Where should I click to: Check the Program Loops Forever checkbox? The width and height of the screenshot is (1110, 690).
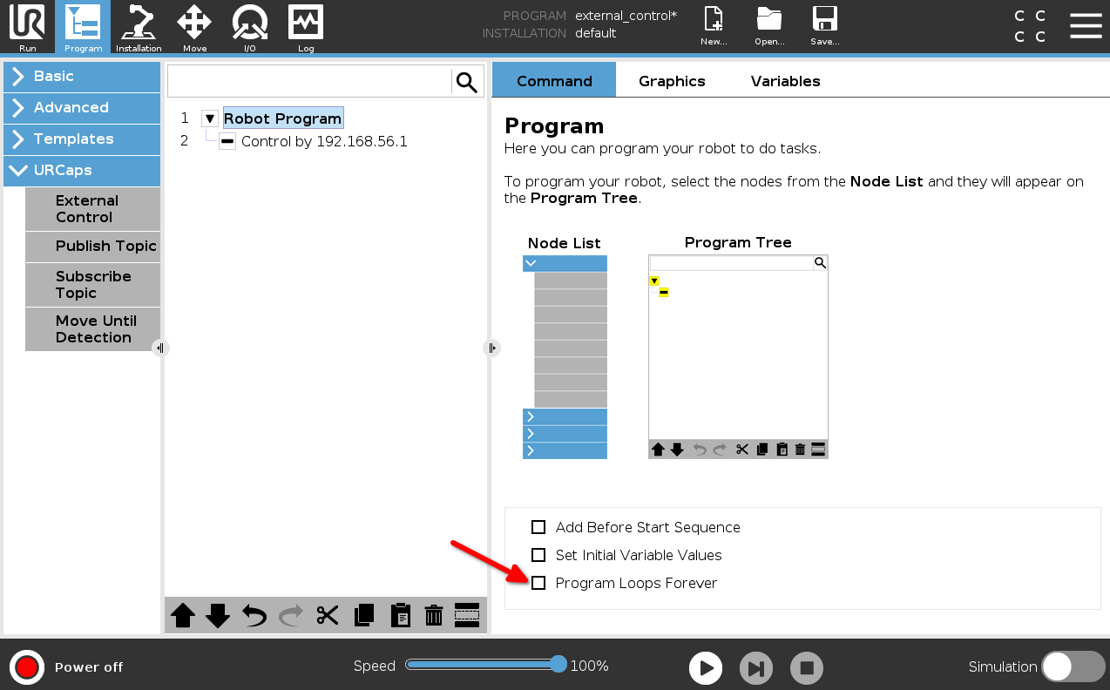coord(538,583)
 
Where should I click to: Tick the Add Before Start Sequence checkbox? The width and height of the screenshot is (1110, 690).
coord(538,527)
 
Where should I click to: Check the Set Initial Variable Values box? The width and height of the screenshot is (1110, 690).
coord(538,555)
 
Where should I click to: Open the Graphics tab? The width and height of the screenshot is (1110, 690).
coord(672,81)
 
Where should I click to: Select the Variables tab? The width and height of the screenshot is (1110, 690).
coord(785,81)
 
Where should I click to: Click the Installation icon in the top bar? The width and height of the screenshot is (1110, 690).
coord(139,27)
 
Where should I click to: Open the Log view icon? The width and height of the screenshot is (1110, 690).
coord(305,27)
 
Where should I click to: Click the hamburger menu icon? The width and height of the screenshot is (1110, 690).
coord(1086,25)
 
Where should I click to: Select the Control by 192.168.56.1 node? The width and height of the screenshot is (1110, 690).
coord(324,142)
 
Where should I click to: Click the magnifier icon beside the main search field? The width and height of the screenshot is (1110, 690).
coord(466,82)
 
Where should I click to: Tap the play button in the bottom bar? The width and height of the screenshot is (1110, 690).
coord(705,667)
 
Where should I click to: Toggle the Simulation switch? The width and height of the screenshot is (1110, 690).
coord(1073,666)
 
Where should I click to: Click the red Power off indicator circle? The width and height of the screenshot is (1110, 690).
coord(27,667)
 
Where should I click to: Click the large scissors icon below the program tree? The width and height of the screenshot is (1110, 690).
coord(327,615)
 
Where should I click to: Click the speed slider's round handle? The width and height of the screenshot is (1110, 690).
coord(558,664)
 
